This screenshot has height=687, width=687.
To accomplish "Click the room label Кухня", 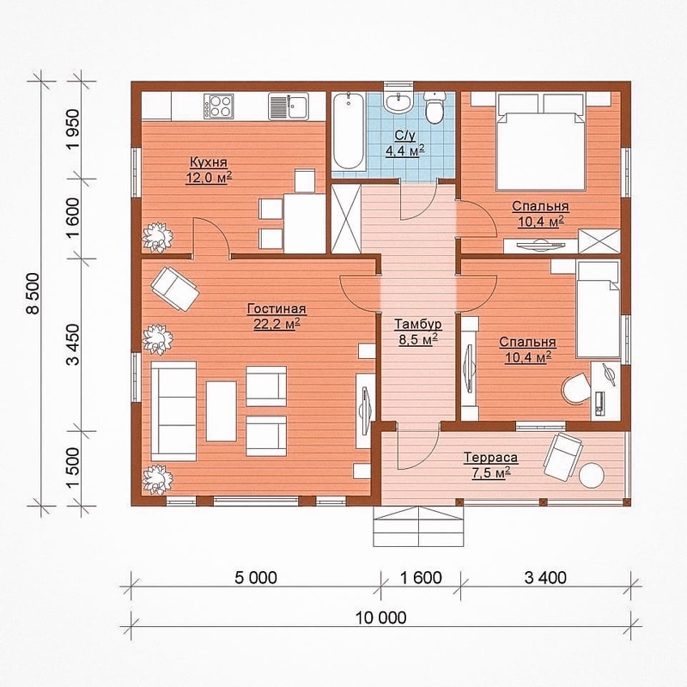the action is [x=209, y=162].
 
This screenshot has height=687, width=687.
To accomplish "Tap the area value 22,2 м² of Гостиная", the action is [x=277, y=325].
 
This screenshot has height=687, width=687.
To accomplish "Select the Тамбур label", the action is [x=418, y=325].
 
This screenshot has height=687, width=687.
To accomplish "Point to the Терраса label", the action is [x=491, y=458].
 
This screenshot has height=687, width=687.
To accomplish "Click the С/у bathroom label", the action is [x=405, y=136].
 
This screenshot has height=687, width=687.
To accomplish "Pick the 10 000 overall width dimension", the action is [x=380, y=617].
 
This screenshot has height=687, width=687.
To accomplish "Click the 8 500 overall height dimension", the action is [x=33, y=293].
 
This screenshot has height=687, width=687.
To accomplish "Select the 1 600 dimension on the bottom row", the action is [x=421, y=577].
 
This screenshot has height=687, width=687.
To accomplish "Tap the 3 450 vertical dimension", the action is [x=73, y=344].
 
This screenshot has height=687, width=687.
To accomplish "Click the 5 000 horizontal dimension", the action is [x=256, y=577].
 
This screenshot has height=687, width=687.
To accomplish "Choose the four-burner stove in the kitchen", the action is [x=218, y=106].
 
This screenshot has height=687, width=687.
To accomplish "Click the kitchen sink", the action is [x=289, y=106].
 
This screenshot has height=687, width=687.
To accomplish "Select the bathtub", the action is [x=348, y=132].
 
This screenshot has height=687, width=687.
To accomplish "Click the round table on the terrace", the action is [x=592, y=475].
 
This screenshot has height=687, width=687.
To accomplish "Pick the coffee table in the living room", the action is [x=222, y=411].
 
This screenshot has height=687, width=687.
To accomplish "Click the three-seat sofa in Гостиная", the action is [x=173, y=411].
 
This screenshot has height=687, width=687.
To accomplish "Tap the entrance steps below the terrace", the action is [x=418, y=526].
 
